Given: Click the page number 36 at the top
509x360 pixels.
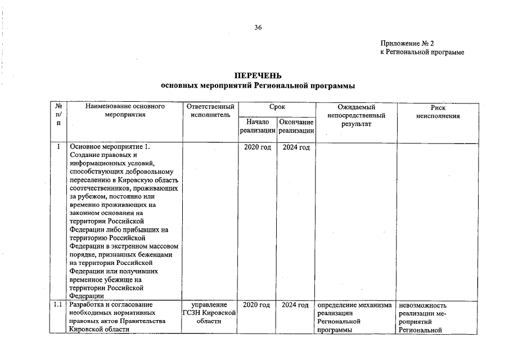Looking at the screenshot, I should tap(258, 28).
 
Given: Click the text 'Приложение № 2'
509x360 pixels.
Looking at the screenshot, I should tap(407, 43).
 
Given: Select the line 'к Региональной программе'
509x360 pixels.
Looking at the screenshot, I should tap(422, 52).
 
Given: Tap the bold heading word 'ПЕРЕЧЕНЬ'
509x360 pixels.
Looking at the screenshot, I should tap(258, 76).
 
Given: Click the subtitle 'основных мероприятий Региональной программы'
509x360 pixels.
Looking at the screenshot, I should tap(258, 86).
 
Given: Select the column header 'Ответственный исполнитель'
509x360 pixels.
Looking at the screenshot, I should tap(209, 111).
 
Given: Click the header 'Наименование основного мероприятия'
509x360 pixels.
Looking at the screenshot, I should tap(125, 111).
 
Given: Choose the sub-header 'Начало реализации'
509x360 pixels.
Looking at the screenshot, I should tap(257, 126).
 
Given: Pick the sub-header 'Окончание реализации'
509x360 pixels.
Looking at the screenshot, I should tap(296, 126).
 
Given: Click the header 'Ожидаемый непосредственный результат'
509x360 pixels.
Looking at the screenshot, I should tap(356, 115).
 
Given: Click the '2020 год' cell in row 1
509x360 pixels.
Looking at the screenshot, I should tap(257, 147).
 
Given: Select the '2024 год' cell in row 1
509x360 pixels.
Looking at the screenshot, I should tap(296, 147).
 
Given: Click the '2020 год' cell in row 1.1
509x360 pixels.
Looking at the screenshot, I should tap(257, 305).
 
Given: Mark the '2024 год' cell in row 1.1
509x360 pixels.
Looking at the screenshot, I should tap(296, 305).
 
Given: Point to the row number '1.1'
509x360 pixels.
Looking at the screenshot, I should tap(57, 305).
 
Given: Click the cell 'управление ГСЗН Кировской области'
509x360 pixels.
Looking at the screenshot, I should tap(209, 313).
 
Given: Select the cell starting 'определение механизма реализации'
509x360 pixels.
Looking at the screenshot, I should tap(354, 317).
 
